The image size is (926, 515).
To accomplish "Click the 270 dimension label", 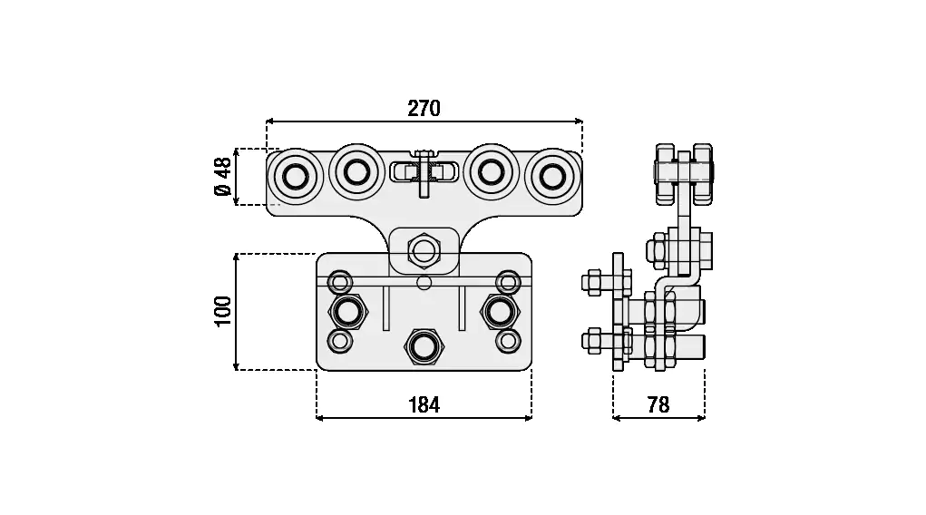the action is pyautogui.click(x=424, y=108).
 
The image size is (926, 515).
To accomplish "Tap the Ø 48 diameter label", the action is pyautogui.click(x=222, y=177).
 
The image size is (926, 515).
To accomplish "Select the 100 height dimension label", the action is pyautogui.click(x=222, y=311).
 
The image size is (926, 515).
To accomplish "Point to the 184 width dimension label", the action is pyautogui.click(x=424, y=405).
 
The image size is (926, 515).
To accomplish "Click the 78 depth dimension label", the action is pyautogui.click(x=658, y=405).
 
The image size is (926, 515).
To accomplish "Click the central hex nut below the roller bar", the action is pyautogui.click(x=424, y=250).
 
